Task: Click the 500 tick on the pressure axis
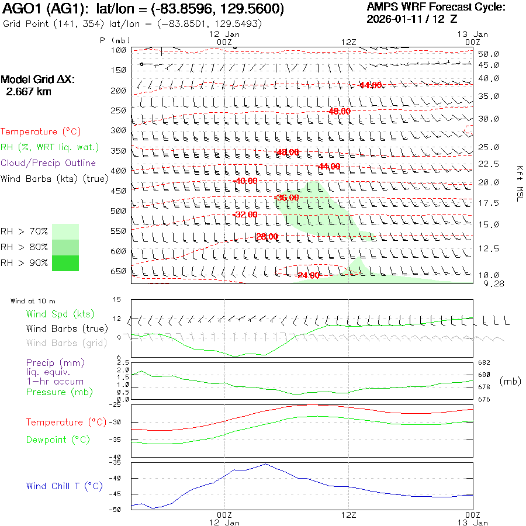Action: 119,210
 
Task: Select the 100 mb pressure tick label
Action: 119,50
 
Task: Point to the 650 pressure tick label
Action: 119,271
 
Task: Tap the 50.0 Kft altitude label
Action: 489,54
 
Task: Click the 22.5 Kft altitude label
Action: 489,164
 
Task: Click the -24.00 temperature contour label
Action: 307,275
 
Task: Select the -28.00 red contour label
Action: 267,236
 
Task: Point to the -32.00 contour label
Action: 245,214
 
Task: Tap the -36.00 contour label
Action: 286,198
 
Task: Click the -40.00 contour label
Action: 245,181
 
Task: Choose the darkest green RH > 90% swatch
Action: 65,263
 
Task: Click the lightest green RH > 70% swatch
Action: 65,231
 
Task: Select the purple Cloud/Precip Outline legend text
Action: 48,163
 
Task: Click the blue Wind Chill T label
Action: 64,486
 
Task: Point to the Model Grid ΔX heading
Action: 38,79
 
